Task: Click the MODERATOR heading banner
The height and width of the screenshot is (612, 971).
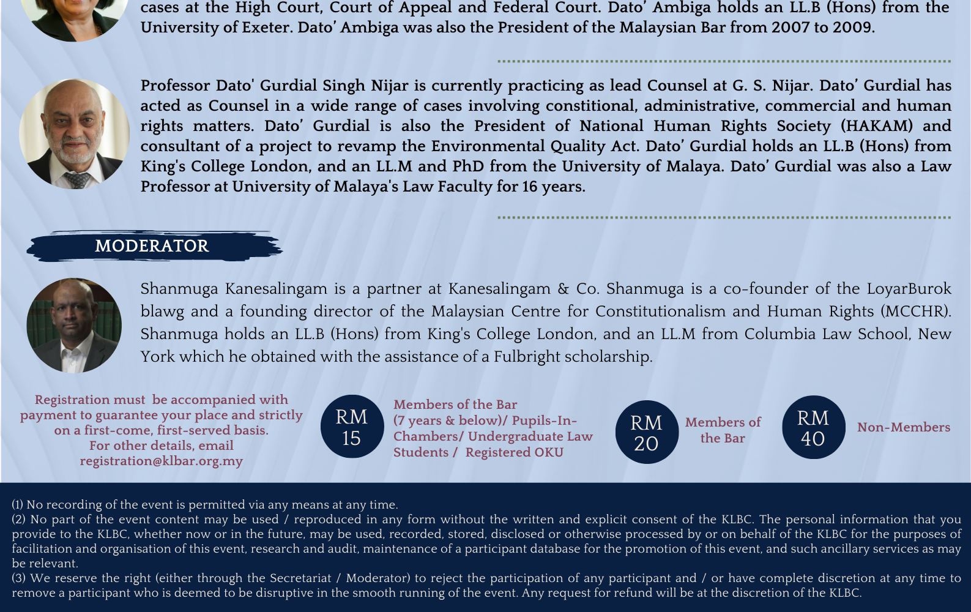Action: click(152, 246)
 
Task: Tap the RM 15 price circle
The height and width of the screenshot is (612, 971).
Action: click(352, 427)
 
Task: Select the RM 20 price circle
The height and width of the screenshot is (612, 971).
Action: click(647, 432)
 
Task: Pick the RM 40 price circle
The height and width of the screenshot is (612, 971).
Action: click(813, 428)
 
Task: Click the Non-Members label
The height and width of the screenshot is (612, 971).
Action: click(903, 427)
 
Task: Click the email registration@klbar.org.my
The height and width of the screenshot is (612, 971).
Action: click(161, 461)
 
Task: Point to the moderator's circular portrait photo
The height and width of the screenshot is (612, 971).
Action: click(74, 326)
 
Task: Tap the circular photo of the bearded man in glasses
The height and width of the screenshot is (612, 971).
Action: click(74, 133)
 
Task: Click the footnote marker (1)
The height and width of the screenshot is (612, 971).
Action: click(17, 505)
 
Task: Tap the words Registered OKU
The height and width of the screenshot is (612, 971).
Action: click(514, 452)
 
